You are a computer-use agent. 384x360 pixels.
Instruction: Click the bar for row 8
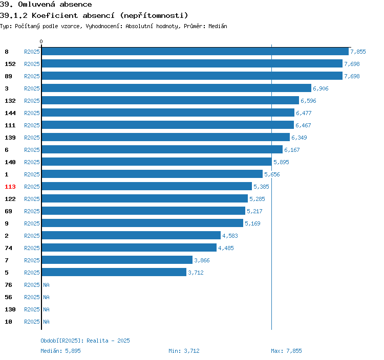195,52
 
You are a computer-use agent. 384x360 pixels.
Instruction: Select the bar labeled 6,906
177,88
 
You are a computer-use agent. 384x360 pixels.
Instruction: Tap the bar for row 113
147,187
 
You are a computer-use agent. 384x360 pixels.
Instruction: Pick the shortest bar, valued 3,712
114,273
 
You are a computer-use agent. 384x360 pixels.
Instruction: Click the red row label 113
10,187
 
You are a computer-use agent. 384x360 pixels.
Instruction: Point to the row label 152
10,64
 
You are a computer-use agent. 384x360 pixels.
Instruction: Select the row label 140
10,162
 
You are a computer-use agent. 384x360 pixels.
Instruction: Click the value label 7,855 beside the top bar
358,52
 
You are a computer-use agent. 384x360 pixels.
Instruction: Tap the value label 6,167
292,150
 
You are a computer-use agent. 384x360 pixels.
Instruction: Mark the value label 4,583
230,236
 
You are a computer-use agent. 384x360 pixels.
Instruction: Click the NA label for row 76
46,285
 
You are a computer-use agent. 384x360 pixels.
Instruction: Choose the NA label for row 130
46,309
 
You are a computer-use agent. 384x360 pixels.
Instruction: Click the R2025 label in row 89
32,76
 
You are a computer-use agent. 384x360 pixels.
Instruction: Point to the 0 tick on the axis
41,41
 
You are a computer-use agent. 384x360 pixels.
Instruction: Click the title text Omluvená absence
55,5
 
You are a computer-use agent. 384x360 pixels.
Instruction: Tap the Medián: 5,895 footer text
60,351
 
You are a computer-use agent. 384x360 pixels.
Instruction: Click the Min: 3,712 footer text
184,351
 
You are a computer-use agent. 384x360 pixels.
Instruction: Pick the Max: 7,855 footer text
286,351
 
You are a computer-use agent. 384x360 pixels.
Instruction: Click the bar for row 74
129,248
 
